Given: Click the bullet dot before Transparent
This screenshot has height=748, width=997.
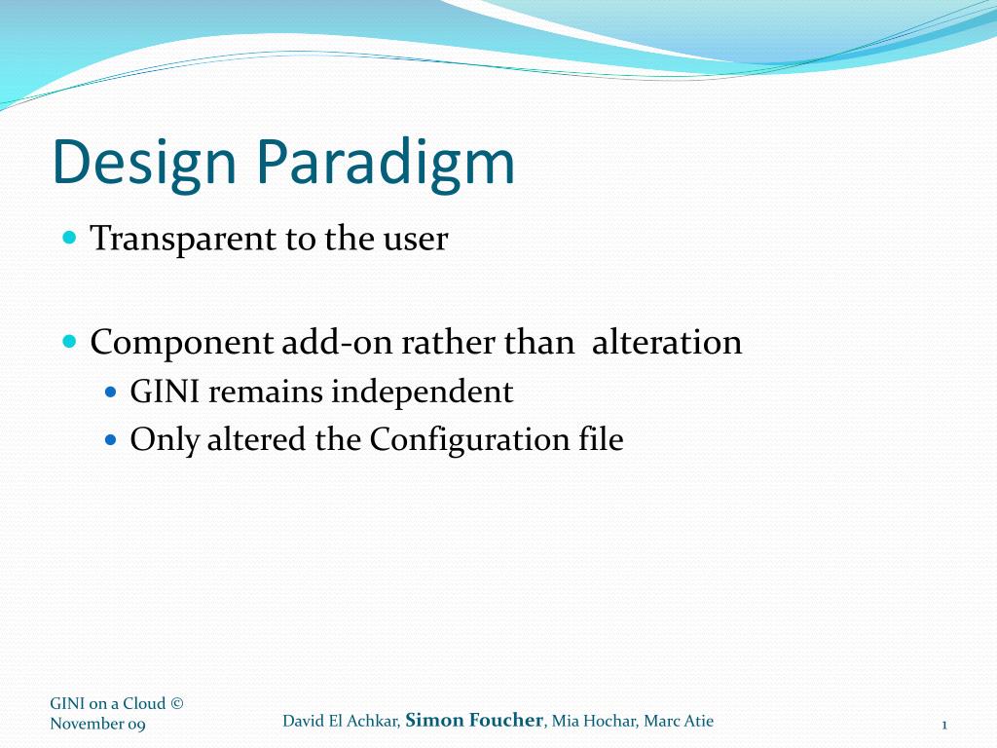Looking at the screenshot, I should coord(68,238).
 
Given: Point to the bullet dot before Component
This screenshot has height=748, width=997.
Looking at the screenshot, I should coord(68,342).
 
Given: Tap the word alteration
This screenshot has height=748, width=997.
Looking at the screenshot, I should coord(667,343).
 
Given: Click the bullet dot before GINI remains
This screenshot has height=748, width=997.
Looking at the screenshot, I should coord(110,392).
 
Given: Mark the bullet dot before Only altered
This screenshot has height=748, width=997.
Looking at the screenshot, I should coord(110,440).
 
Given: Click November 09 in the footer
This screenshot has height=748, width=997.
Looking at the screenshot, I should coord(97,724).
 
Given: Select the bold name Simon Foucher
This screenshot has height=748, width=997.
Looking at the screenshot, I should coord(473,721).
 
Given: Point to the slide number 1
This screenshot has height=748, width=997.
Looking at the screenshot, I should coord(944,725).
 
